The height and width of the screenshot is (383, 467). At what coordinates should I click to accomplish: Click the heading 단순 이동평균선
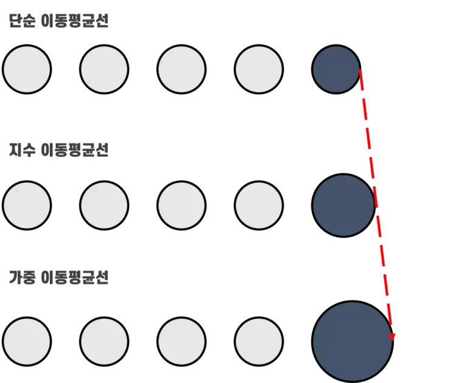pos(58,21)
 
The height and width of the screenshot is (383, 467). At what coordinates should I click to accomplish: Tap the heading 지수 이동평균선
pos(58,150)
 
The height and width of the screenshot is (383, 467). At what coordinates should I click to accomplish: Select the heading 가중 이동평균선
pos(58,278)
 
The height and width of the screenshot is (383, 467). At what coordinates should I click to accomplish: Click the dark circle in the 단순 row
pos(336,69)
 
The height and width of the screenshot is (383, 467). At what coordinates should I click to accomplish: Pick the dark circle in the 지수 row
pos(343,205)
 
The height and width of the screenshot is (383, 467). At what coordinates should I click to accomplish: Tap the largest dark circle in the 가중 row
pos(353,342)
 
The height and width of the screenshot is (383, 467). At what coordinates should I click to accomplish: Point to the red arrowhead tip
pos(392,340)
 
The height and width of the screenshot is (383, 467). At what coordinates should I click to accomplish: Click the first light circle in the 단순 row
pos(27,69)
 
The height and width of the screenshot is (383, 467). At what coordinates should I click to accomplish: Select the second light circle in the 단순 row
pos(104,69)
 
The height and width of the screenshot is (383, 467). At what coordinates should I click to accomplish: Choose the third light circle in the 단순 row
pos(181,69)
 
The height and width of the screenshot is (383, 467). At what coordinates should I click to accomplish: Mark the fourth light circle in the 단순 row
pos(259,69)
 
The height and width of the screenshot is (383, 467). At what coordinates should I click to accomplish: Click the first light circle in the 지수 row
pos(27,205)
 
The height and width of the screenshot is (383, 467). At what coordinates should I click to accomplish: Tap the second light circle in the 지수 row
pos(104,205)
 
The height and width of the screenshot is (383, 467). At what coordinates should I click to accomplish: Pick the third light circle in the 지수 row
pos(181,205)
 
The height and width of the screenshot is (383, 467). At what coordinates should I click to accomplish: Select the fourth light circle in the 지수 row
pos(259,205)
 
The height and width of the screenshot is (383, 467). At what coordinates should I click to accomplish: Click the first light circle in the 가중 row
pos(27,342)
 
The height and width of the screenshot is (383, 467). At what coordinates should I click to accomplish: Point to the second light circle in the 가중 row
pos(104,342)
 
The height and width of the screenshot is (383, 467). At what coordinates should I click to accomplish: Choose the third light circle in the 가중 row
pos(181,342)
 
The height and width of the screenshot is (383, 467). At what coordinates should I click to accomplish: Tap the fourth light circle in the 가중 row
pos(259,342)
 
